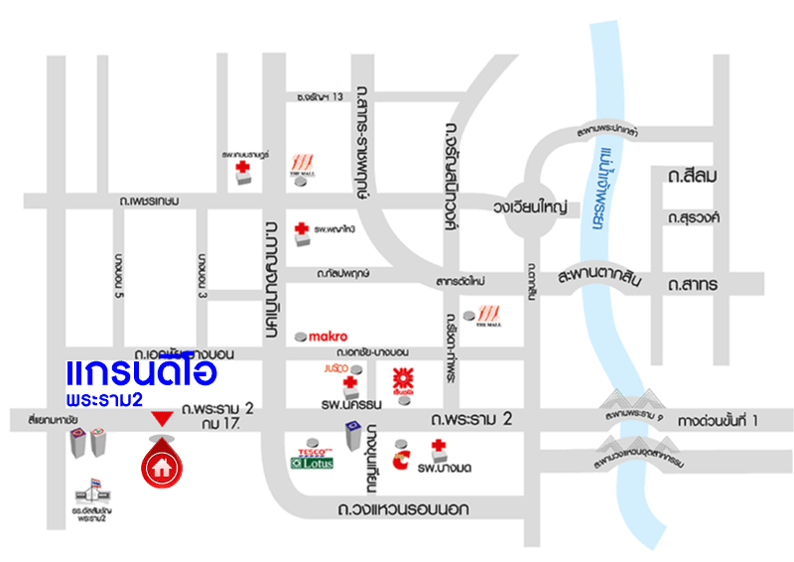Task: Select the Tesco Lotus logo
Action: coord(312,456)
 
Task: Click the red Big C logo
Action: coord(402,459)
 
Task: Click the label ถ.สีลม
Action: coord(693,176)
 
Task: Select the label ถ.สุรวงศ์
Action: coord(694,216)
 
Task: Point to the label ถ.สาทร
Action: coord(693,286)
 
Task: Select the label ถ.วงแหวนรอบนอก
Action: coord(403,510)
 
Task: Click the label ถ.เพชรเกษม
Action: coord(148,201)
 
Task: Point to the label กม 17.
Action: coord(222,424)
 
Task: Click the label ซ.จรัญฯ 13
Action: coord(320,96)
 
